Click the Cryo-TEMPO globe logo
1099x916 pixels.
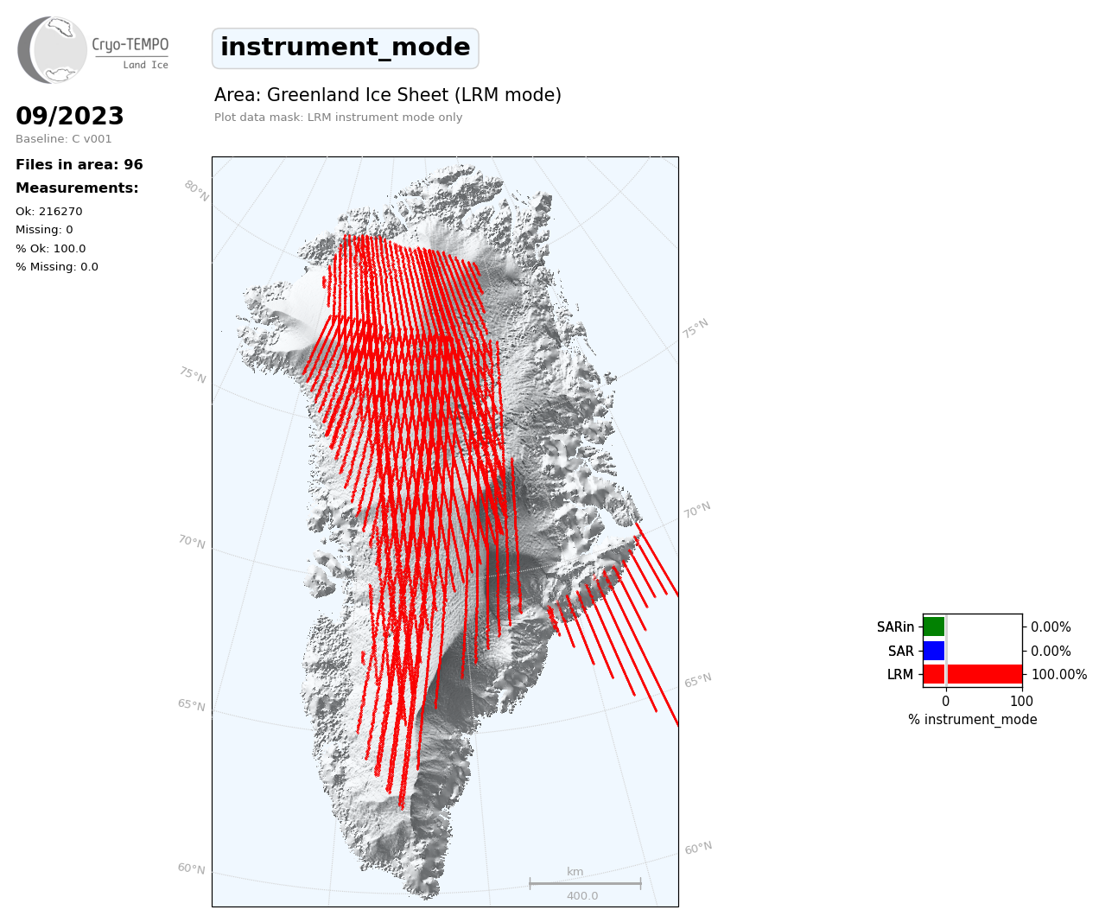pos(52,49)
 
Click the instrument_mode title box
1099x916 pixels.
pos(346,48)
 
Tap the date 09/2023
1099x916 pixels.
pos(69,115)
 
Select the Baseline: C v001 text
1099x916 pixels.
pos(64,139)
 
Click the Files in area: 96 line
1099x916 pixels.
pos(79,164)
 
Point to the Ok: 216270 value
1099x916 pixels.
pos(49,211)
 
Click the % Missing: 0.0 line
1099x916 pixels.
pos(57,266)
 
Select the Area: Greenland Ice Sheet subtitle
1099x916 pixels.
pos(387,95)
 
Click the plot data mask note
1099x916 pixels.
pos(338,117)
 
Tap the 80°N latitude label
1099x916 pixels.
pos(197,191)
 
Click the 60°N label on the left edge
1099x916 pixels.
pos(191,868)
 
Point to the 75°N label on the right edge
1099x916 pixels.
pos(696,328)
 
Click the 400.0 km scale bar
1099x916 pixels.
pos(585,883)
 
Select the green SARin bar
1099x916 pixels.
pos(934,627)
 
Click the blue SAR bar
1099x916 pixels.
pos(934,651)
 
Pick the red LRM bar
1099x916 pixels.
pos(973,674)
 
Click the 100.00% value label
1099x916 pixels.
pos(1059,674)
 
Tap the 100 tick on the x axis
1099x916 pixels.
pos(1021,701)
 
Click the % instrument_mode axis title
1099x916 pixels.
pos(973,720)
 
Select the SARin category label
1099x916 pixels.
pos(895,627)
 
